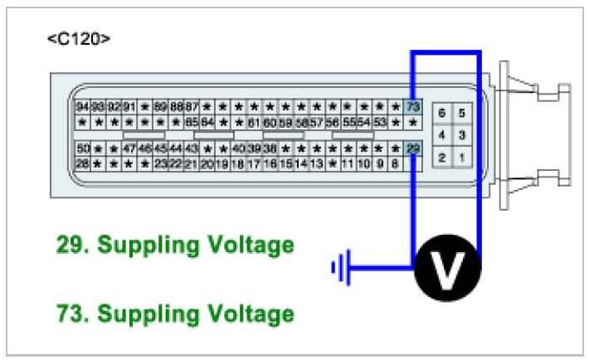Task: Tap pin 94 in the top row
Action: pyautogui.click(x=82, y=107)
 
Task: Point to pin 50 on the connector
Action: pyautogui.click(x=82, y=148)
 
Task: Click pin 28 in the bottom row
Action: pyautogui.click(x=82, y=163)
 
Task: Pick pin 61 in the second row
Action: pyautogui.click(x=254, y=123)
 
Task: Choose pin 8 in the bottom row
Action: pyautogui.click(x=395, y=163)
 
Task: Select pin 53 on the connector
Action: pyautogui.click(x=380, y=123)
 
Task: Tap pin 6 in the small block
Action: pyautogui.click(x=441, y=113)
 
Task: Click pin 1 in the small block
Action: pyautogui.click(x=463, y=156)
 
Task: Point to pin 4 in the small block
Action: pyautogui.click(x=441, y=134)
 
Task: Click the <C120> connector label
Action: pyautogui.click(x=78, y=39)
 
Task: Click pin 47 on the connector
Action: pyautogui.click(x=129, y=148)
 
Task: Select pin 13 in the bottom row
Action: pyautogui.click(x=317, y=163)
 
